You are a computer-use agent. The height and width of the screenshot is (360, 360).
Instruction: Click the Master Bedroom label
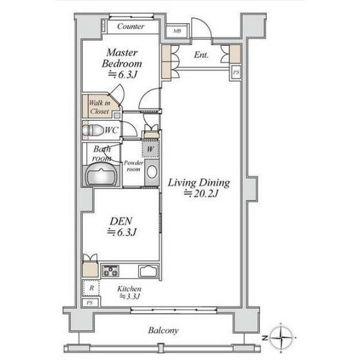coord(122,58)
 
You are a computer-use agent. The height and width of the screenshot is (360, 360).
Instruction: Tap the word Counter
coord(130,26)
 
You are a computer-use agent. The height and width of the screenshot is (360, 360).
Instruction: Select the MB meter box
coord(177,31)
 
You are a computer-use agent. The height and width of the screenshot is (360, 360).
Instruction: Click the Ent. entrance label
coord(201,55)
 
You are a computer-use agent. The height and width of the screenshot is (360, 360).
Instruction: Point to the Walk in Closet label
coord(99,107)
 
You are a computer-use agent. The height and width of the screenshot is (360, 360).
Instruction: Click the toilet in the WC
coord(93,130)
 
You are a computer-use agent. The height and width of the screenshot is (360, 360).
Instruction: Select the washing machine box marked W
coord(150,149)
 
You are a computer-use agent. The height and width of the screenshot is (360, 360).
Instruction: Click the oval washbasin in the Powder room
coord(152,172)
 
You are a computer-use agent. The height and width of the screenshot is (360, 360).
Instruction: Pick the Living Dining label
coord(199,183)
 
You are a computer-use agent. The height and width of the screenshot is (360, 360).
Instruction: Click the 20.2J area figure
coord(201,194)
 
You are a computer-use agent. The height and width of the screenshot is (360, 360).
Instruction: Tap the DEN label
coord(121,221)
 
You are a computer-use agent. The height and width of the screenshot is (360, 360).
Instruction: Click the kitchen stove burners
coord(111,271)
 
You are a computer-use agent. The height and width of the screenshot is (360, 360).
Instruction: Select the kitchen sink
coord(148,271)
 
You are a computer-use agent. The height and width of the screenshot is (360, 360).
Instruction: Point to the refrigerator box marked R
coord(91,288)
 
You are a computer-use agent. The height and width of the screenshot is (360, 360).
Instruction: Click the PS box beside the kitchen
coord(91,302)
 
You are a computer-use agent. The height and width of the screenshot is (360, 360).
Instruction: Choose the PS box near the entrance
coord(236,72)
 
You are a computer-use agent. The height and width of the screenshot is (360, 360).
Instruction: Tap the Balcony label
coord(163,330)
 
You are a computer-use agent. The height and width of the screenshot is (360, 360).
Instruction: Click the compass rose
coord(281,337)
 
